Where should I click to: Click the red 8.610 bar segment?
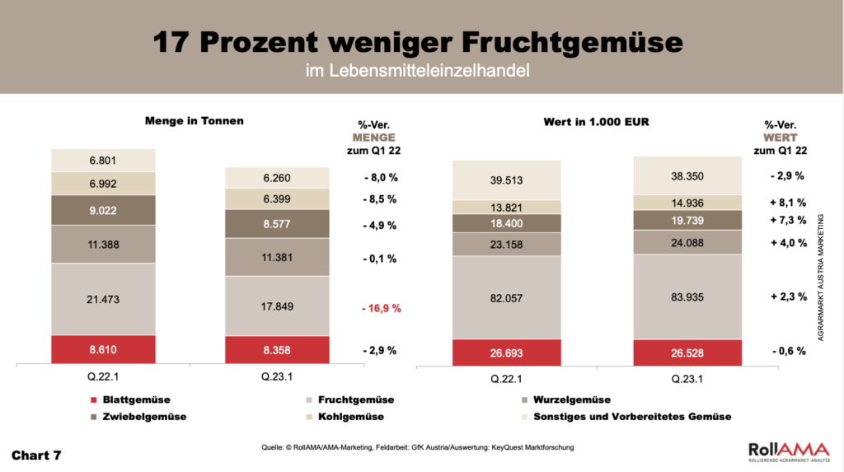[x=103, y=349]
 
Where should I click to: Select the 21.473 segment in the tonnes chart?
[x=103, y=299]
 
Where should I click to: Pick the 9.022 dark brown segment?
[x=103, y=209]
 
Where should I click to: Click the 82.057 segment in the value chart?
[x=507, y=297]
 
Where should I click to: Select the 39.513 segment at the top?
[x=507, y=180]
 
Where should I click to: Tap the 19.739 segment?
[x=687, y=220]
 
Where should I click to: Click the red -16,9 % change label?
[x=382, y=308]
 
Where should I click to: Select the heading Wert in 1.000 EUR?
[x=597, y=122]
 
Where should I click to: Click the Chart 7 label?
[x=36, y=455]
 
